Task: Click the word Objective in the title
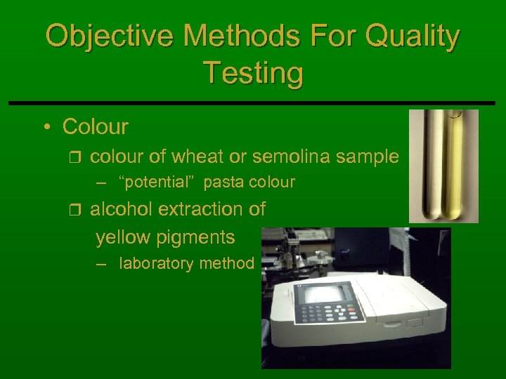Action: coord(99,36)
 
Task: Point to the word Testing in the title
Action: coord(253,72)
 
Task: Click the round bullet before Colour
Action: coord(46,128)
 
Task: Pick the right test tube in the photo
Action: coord(456,165)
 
